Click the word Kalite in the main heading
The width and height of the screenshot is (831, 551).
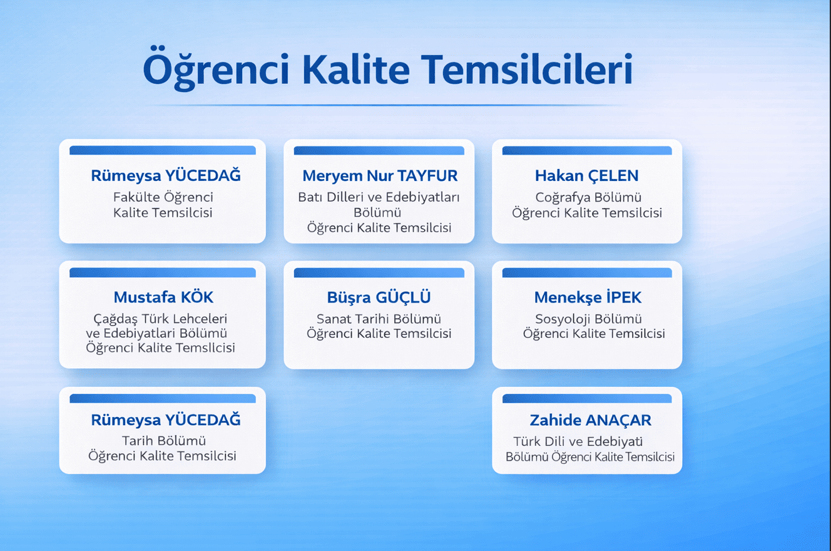[356, 70]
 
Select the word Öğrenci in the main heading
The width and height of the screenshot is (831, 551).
[216, 69]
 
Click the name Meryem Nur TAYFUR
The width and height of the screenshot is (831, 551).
[380, 175]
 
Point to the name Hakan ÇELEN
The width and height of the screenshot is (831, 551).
[586, 175]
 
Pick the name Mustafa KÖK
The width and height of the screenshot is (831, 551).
[163, 297]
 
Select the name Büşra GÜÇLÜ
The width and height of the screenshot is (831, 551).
[379, 297]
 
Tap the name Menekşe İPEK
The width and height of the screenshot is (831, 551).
[588, 297]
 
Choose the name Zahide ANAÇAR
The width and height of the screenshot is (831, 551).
[590, 420]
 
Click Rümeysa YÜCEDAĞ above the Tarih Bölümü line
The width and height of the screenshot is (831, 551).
[166, 420]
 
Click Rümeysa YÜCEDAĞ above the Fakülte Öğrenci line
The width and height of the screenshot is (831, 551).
[166, 175]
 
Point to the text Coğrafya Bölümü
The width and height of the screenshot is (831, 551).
[588, 197]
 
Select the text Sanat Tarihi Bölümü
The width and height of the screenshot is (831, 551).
[379, 319]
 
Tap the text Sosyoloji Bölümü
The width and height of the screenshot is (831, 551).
[588, 319]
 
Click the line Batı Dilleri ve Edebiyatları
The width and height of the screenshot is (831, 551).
[379, 197]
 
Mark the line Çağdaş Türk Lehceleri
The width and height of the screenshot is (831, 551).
[160, 319]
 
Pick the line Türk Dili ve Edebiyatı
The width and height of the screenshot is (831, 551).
[578, 441]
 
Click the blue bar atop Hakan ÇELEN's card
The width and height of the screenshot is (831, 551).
[587, 150]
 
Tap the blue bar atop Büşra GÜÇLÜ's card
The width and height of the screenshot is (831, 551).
[379, 272]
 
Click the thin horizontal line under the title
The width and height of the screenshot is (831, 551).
[386, 105]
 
